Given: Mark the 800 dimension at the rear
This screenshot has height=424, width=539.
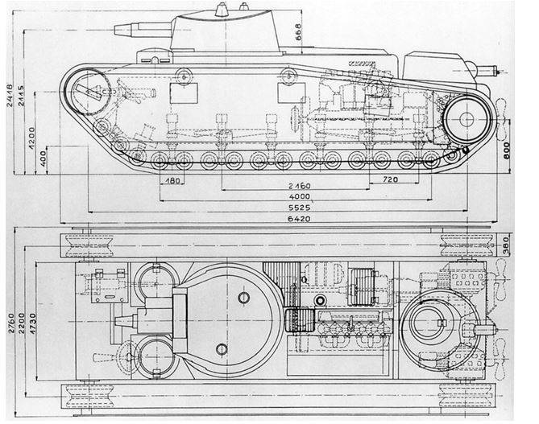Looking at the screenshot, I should pos(506,150).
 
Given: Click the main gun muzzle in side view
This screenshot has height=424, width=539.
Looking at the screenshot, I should pos(118,30).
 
